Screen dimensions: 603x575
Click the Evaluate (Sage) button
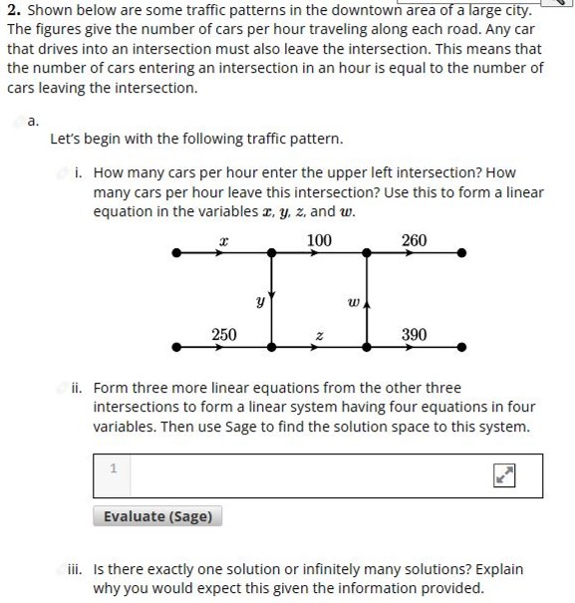(x=157, y=516)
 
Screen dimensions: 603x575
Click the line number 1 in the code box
(x=113, y=466)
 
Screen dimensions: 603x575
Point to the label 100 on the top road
(x=319, y=240)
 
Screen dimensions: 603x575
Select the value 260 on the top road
(x=414, y=240)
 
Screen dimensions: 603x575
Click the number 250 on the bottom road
(x=224, y=334)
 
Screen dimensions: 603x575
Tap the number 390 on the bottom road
(x=414, y=334)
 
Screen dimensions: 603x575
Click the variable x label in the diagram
(x=224, y=241)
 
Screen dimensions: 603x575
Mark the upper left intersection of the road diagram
(x=272, y=253)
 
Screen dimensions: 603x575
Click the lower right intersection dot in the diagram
(x=367, y=347)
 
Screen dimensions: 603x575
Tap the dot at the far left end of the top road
(x=177, y=253)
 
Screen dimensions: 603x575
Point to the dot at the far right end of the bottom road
(x=460, y=347)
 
